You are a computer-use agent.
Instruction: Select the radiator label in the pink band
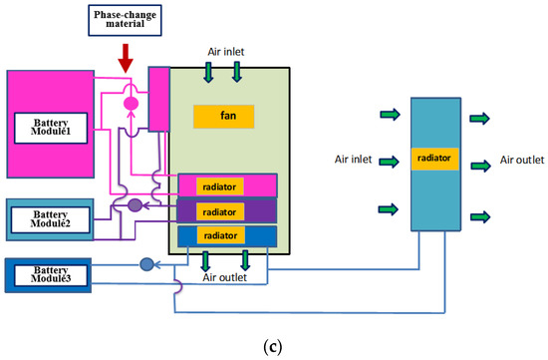coord(219,187)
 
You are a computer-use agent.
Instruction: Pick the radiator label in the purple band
coord(219,210)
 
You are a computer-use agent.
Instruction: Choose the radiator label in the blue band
coord(218,235)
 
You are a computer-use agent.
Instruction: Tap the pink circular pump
coord(130,103)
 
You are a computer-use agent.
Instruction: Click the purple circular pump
coord(134,204)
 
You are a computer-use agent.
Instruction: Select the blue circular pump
coord(147,264)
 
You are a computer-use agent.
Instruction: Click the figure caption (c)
coord(271,344)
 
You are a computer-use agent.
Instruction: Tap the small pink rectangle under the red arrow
coord(159,99)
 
